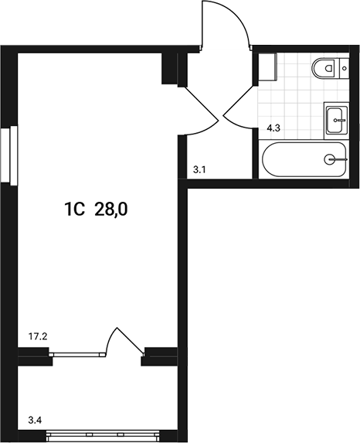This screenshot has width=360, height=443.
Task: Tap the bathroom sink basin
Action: [337, 119]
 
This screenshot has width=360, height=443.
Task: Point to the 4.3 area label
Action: [273, 130]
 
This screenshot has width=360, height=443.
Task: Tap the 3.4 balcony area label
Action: [35, 421]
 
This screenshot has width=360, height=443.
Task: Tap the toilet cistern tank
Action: [344, 69]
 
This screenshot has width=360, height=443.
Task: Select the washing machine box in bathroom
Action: [268, 68]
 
